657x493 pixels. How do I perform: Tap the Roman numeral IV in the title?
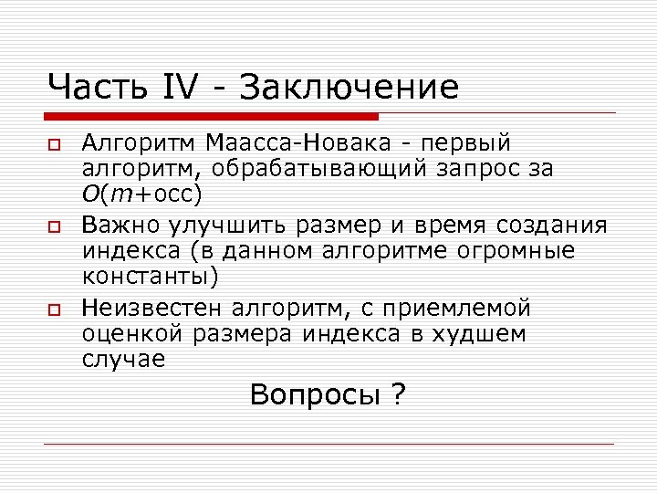pyautogui.click(x=182, y=88)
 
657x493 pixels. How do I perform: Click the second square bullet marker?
pyautogui.click(x=55, y=227)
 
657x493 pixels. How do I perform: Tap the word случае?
pyautogui.click(x=122, y=359)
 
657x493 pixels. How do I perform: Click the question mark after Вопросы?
pyautogui.click(x=398, y=395)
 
